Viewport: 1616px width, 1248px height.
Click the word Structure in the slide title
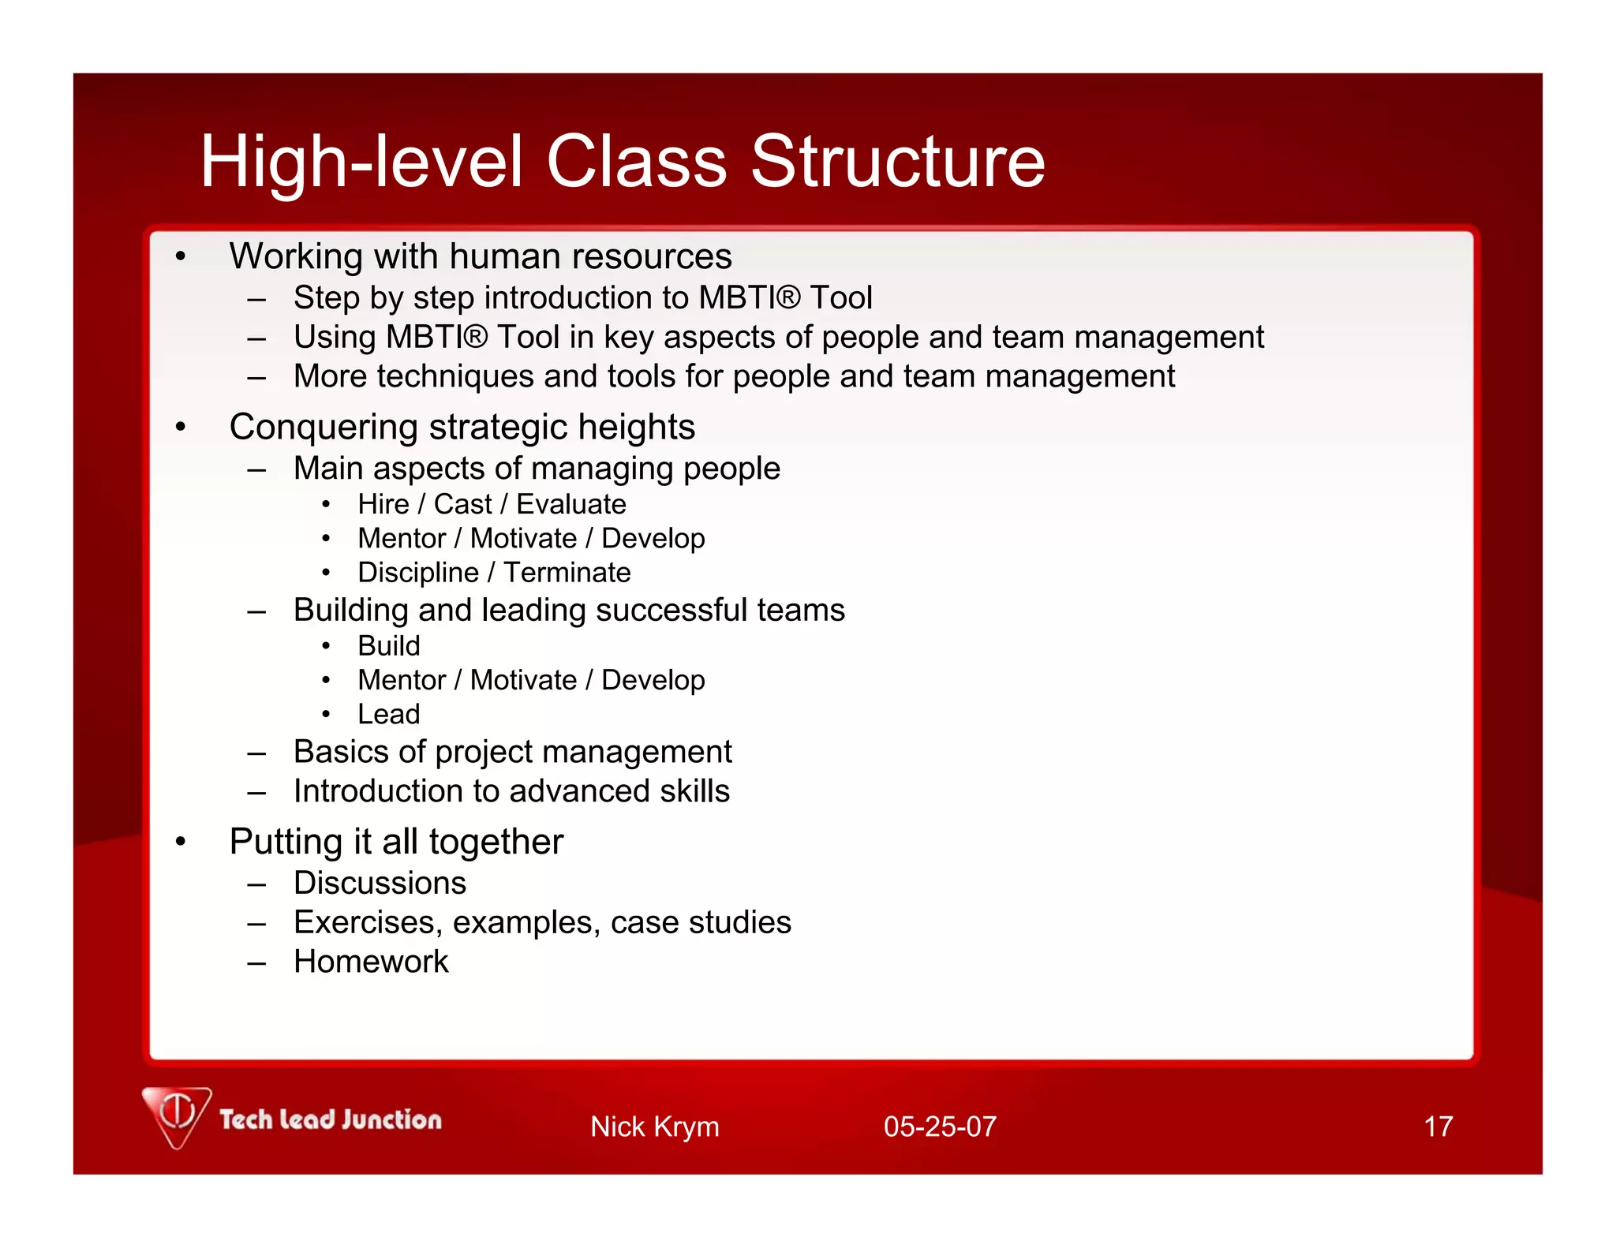click(897, 162)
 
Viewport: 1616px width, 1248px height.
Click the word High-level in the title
click(361, 162)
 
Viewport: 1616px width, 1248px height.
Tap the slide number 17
click(1438, 1127)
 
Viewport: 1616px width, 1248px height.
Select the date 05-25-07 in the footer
click(940, 1127)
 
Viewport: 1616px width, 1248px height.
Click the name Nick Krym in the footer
click(654, 1127)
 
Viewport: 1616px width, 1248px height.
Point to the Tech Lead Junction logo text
click(330, 1119)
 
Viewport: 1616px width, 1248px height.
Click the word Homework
click(371, 962)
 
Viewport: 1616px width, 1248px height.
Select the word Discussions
click(380, 883)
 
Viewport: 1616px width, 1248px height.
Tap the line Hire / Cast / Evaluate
click(492, 504)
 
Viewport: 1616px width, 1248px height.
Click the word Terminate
click(567, 572)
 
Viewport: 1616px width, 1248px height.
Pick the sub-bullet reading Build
click(388, 646)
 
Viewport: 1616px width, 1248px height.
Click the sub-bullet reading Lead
click(388, 714)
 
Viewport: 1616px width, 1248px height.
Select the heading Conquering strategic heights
click(462, 427)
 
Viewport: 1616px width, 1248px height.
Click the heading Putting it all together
click(396, 842)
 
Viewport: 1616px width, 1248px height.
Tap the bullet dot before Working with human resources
click(181, 256)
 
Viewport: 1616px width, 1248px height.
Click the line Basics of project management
click(512, 752)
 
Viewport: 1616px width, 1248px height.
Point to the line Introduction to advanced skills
click(511, 791)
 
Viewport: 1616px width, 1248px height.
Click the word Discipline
click(417, 572)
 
